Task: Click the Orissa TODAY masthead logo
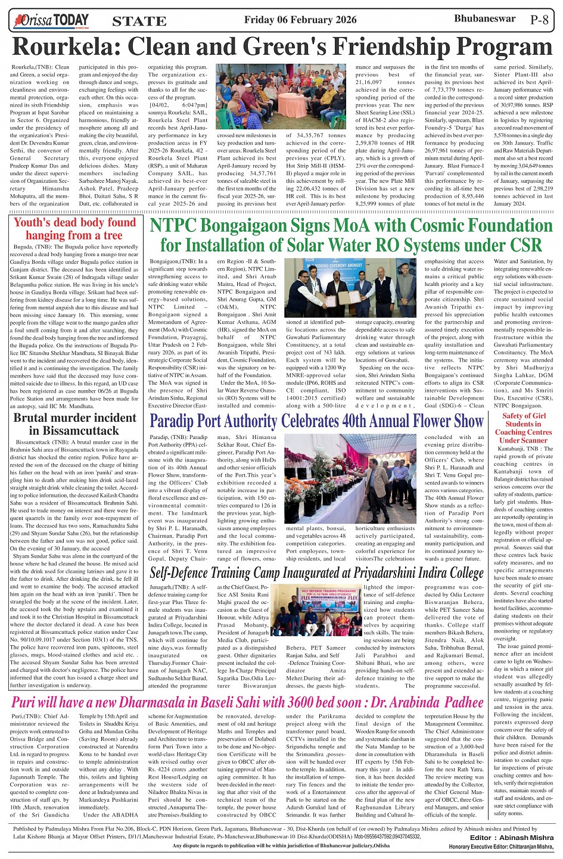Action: coord(51,21)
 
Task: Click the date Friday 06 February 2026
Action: coord(300,20)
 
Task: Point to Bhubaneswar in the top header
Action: coord(484,18)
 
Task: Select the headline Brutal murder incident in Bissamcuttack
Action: coord(75,424)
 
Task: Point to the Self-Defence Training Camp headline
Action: coord(316,572)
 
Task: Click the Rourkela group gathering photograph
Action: coord(281,97)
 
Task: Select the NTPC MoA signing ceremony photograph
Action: coord(351,288)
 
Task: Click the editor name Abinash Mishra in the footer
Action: coord(528,837)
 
